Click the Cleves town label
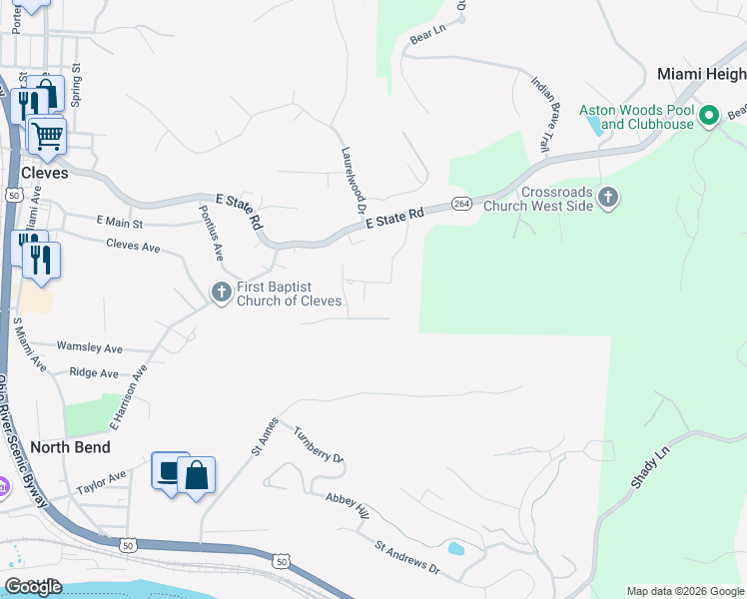(45, 172)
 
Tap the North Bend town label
(70, 446)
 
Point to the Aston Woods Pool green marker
(709, 116)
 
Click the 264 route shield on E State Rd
(460, 204)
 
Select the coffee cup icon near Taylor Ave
(170, 470)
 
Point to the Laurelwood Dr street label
(350, 181)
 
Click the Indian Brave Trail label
(540, 115)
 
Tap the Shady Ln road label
(645, 468)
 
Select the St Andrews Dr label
(407, 557)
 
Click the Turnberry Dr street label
(319, 444)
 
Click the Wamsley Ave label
(89, 347)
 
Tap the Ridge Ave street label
(94, 372)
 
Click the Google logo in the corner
(32, 587)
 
